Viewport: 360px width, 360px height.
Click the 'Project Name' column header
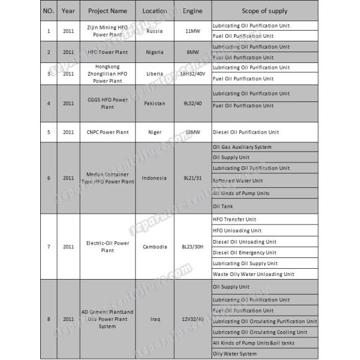107,11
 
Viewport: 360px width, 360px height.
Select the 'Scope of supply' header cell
264,11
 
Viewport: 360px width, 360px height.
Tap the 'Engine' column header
193,11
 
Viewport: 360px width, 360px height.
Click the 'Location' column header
155,11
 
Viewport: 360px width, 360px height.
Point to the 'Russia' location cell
155,31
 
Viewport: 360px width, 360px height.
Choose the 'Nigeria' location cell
155,52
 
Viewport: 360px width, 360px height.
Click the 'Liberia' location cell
155,74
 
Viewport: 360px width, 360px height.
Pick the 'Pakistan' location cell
155,103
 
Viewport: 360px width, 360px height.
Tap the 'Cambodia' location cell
155,247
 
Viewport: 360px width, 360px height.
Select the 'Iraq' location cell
155,319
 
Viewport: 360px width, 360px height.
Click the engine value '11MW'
193,31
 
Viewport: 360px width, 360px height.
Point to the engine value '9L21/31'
193,178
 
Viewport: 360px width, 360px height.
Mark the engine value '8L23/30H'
193,247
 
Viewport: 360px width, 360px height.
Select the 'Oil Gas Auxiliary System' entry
242,147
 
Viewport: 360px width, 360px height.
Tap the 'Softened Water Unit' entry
238,181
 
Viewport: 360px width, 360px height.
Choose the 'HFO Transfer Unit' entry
235,220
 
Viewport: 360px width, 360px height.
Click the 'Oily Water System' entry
235,353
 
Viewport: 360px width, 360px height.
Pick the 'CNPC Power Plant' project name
107,132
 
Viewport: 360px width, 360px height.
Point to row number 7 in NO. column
49,247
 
